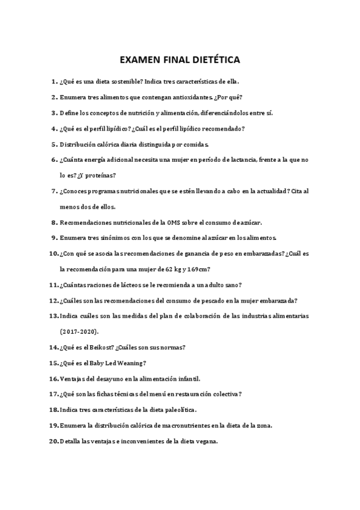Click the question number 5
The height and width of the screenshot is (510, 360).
[x=54, y=144]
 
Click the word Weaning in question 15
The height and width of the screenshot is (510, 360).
[x=131, y=363]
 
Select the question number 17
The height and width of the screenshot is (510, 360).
[x=53, y=394]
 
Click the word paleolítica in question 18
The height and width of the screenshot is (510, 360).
[x=175, y=410]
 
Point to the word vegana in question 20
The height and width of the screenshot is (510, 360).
[x=203, y=441]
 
